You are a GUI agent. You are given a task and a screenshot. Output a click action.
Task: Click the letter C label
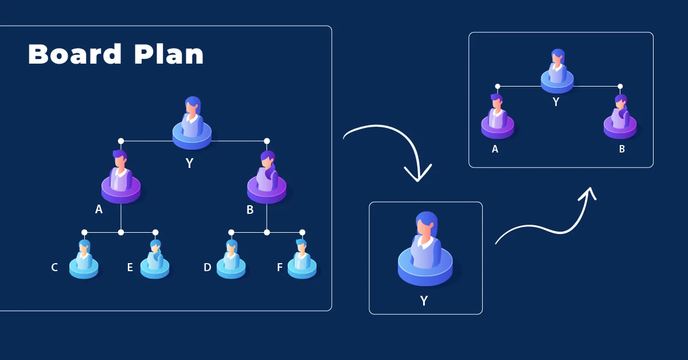(54, 267)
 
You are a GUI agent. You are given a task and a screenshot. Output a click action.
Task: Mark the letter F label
(280, 267)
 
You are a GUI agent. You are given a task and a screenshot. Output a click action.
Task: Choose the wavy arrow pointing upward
(545, 221)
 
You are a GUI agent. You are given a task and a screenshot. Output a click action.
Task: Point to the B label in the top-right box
(621, 149)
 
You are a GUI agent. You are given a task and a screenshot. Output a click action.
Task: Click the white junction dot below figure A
(121, 232)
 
